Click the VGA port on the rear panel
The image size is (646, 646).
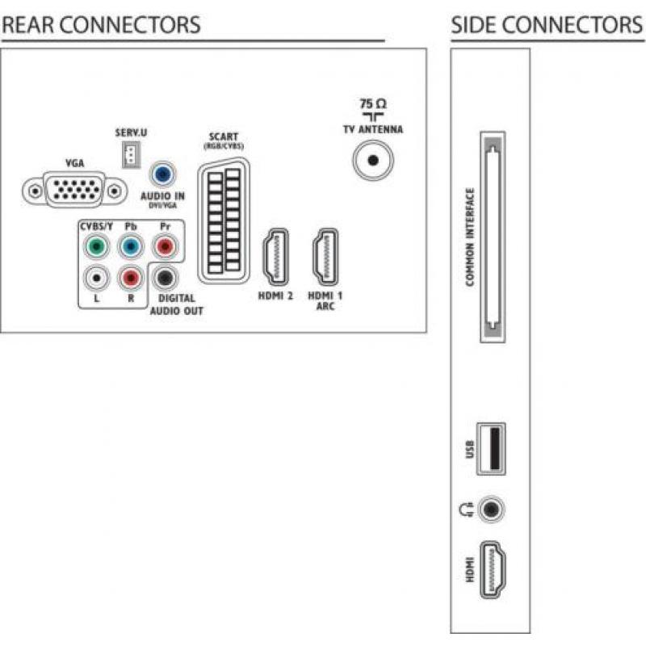74,191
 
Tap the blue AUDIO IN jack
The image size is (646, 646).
163,174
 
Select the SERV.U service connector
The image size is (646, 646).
131,154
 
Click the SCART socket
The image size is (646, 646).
224,220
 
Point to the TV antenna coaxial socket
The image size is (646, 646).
373,160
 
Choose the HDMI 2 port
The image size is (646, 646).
275,257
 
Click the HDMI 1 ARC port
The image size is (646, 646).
325,257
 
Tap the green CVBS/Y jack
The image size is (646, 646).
96,246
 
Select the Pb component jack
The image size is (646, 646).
131,246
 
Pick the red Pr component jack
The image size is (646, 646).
165,246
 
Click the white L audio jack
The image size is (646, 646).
96,278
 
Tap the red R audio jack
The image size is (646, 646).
131,278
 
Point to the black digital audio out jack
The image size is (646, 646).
165,278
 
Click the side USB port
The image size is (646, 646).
491,449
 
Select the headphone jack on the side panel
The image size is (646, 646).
491,510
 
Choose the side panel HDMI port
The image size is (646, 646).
493,570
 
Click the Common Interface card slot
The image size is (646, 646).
493,237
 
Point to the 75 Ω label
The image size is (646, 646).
373,103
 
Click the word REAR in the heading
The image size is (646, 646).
28,25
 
